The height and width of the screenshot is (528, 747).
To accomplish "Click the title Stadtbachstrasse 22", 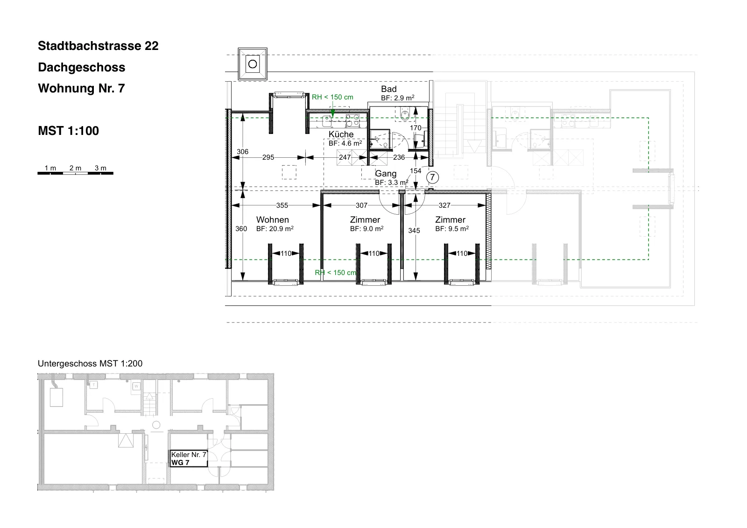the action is (x=98, y=46).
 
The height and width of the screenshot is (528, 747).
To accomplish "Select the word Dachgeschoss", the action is (x=81, y=67).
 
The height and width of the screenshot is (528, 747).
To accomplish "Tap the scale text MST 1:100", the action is (x=68, y=131).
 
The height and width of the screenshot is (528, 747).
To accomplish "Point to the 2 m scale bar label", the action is (x=75, y=168).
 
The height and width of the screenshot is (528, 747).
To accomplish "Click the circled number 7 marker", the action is (x=432, y=177).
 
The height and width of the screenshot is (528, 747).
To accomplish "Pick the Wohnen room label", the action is (x=273, y=220).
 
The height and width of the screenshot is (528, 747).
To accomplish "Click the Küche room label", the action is (x=341, y=134).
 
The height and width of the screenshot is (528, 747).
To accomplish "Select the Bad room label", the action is (x=389, y=89).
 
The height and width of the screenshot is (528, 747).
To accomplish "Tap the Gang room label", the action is (x=386, y=174).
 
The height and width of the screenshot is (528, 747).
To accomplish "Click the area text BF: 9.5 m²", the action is (x=452, y=229).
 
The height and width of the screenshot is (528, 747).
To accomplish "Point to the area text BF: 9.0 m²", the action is (x=366, y=229).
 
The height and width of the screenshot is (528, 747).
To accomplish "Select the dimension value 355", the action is (x=282, y=205).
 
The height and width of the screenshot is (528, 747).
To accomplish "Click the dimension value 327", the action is (x=444, y=205).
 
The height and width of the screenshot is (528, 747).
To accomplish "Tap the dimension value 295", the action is (x=268, y=157).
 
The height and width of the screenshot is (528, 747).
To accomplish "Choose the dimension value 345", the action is (x=414, y=231).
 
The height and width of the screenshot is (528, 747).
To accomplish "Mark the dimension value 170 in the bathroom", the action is (x=416, y=128).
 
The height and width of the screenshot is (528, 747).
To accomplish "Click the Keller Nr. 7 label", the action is (x=189, y=455).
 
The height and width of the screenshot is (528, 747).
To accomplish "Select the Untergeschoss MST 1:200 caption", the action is (x=90, y=364).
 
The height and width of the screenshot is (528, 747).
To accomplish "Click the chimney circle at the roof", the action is (x=253, y=63).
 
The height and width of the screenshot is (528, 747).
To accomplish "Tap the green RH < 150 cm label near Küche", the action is (x=332, y=97).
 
